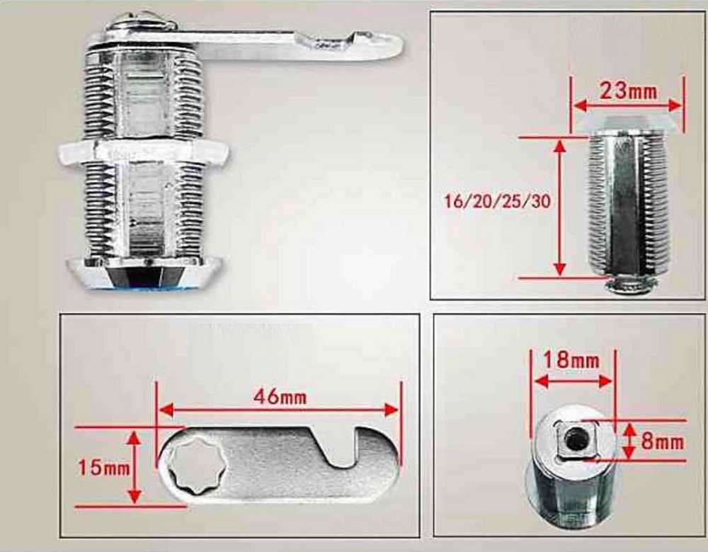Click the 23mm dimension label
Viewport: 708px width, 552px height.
[x=627, y=91]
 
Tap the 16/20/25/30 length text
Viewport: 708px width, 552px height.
[x=498, y=201]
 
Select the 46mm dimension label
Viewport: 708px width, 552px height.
[x=280, y=397]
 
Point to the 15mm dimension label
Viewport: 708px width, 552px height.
[x=104, y=467]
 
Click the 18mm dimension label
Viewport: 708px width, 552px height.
[x=571, y=360]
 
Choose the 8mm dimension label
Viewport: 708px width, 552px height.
[x=663, y=442]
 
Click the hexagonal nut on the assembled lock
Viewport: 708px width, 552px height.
[x=143, y=151]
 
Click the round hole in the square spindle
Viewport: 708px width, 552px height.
[x=575, y=439]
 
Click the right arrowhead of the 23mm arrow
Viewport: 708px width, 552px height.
[x=675, y=105]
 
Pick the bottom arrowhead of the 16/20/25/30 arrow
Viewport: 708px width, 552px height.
[x=559, y=269]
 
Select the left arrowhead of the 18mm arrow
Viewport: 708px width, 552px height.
[x=542, y=381]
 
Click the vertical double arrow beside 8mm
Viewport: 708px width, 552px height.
[x=629, y=441]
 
